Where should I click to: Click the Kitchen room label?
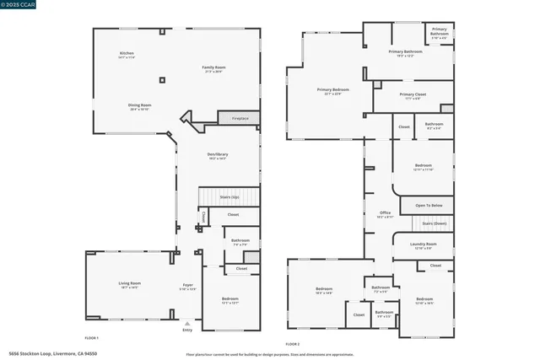coord(127,54)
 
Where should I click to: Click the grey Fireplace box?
coord(239,119)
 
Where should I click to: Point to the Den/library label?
coord(219,154)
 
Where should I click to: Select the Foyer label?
coord(188,285)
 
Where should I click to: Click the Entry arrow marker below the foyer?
coord(187,324)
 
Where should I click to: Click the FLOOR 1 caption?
coord(92,337)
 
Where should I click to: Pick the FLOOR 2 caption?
coord(293,343)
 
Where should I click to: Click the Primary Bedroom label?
coord(332,89)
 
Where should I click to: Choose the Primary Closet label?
coord(413,95)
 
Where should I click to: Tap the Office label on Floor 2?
coord(385,213)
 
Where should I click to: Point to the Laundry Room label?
coord(423,244)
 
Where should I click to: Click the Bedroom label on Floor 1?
coord(230,299)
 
